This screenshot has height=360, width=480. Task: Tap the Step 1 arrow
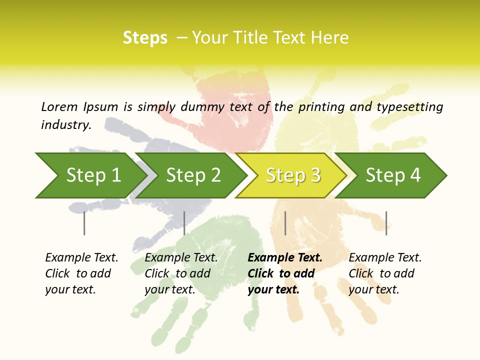(x=93, y=175)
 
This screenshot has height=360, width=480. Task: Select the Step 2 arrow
(x=193, y=175)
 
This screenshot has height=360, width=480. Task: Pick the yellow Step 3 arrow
(x=293, y=175)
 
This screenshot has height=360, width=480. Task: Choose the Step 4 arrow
(x=393, y=175)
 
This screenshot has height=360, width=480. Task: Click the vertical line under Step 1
(x=84, y=223)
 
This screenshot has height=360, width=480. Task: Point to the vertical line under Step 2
(x=184, y=223)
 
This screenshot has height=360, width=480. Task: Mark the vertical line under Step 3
(x=285, y=223)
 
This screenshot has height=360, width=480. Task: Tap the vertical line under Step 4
(x=386, y=223)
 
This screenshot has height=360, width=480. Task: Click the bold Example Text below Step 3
(x=285, y=258)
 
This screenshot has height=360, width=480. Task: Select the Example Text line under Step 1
(x=81, y=258)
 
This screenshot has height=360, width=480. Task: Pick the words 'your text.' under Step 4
(x=373, y=289)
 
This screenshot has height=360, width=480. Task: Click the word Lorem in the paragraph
(x=59, y=107)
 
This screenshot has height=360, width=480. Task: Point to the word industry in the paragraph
(x=66, y=125)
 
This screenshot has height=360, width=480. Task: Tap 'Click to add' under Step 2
(x=177, y=273)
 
